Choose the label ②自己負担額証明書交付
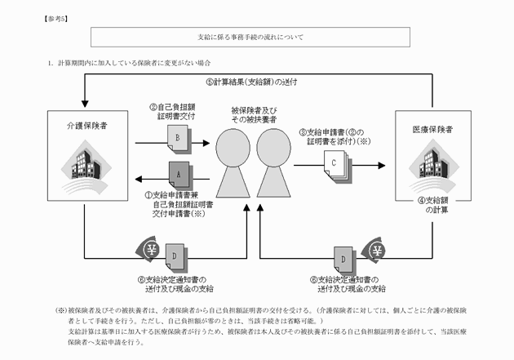pyautogui.click(x=175, y=111)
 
